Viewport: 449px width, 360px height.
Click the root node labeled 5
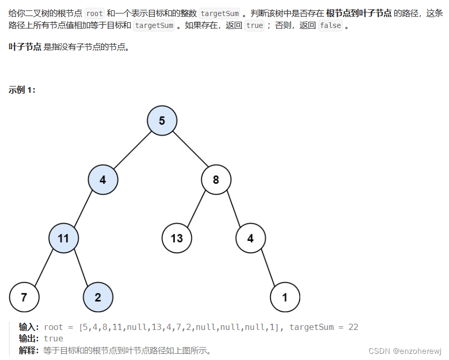coord(162,121)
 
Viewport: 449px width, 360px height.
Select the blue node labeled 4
coord(103,180)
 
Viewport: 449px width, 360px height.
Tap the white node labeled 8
coord(216,180)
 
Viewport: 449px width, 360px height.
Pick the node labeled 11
coord(63,238)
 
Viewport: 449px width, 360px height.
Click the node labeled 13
coord(177,238)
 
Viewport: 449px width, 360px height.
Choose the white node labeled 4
coord(250,238)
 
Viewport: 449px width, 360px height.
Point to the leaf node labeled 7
coord(24,297)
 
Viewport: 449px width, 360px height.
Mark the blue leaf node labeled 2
coord(98,297)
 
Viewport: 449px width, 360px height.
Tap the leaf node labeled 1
coord(285,297)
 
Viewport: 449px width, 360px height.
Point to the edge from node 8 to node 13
coord(196,209)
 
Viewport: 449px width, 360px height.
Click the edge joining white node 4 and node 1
coord(268,268)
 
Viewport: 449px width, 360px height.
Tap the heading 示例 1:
coord(22,90)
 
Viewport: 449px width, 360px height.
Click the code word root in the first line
coord(94,14)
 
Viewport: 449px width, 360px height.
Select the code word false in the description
coord(330,25)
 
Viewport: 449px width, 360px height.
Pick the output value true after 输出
coord(53,339)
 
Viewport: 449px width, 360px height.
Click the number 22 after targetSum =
coord(353,327)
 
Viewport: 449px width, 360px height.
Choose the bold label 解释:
coord(29,350)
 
